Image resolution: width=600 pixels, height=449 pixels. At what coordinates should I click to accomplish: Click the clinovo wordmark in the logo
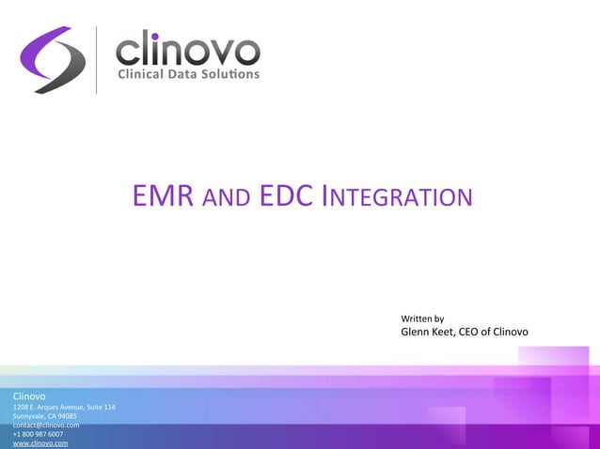[187, 49]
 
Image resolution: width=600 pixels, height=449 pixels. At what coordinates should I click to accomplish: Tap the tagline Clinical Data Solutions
[187, 75]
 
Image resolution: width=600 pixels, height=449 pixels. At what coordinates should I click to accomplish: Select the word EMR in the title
[164, 196]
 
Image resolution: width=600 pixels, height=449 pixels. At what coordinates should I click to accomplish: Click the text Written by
[422, 318]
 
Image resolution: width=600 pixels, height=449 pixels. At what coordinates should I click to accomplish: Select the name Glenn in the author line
[416, 333]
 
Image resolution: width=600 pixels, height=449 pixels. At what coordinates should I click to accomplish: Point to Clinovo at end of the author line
[511, 333]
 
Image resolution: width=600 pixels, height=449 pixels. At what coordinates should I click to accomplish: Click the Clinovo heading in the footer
[30, 396]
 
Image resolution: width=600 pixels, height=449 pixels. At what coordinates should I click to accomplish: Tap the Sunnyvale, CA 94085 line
[45, 416]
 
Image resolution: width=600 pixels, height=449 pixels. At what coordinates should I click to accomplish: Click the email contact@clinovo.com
[46, 425]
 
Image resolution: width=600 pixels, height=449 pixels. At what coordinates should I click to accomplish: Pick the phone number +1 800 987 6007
[39, 434]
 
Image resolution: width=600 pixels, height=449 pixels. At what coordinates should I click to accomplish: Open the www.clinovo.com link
[40, 443]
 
